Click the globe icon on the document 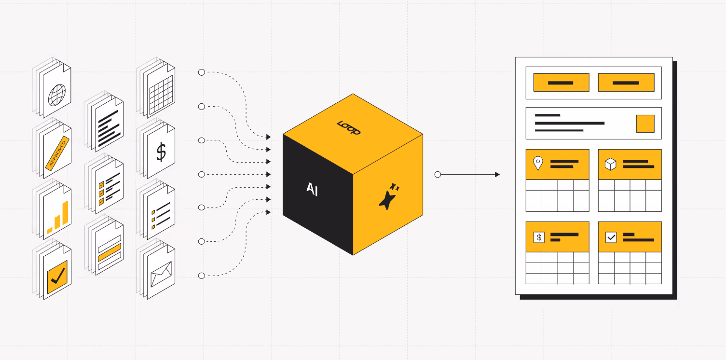pyautogui.click(x=57, y=95)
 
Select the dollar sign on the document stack pyautogui.click(x=161, y=152)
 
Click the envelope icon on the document pyautogui.click(x=161, y=275)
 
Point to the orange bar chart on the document pyautogui.click(x=58, y=217)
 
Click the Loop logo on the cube pyautogui.click(x=349, y=127)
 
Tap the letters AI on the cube pyautogui.click(x=313, y=189)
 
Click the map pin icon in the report pyautogui.click(x=538, y=163)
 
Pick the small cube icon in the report pyautogui.click(x=611, y=164)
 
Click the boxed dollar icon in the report pyautogui.click(x=539, y=237)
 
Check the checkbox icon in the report pyautogui.click(x=611, y=237)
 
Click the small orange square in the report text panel pyautogui.click(x=645, y=124)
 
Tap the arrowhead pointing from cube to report pyautogui.click(x=497, y=175)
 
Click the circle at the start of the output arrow pyautogui.click(x=438, y=175)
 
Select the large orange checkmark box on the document pyautogui.click(x=57, y=277)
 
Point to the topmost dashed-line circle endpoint pyautogui.click(x=202, y=72)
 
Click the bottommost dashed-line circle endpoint pyautogui.click(x=202, y=276)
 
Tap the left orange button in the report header pyautogui.click(x=561, y=83)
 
